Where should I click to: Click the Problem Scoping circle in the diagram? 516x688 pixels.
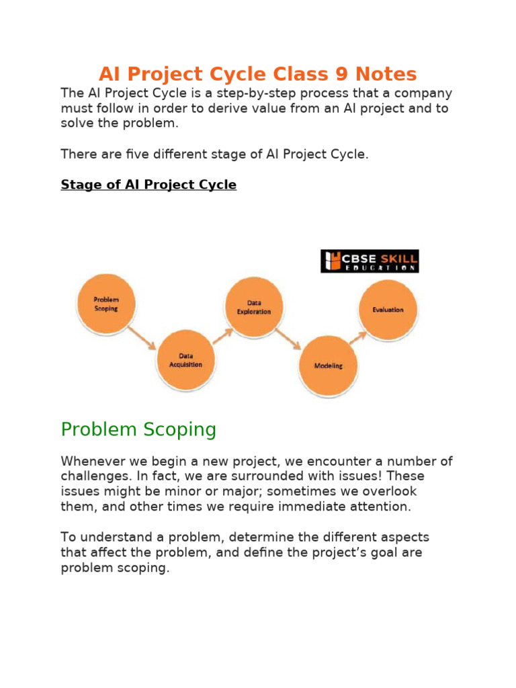(x=106, y=304)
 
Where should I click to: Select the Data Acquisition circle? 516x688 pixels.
(x=185, y=359)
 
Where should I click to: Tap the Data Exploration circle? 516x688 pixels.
(x=254, y=307)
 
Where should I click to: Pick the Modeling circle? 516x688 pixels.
(x=328, y=365)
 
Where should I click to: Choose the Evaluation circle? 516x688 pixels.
(x=388, y=310)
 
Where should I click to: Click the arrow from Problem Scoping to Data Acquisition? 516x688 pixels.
(x=142, y=337)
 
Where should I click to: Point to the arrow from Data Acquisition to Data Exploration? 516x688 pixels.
(x=222, y=335)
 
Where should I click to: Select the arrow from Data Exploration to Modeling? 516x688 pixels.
(x=288, y=338)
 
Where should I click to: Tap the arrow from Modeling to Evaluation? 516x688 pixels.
(x=357, y=337)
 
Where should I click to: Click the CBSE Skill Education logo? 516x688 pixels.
(x=370, y=261)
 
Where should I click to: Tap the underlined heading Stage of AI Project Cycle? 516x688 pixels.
(x=148, y=185)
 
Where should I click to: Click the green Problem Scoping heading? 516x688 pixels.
(x=138, y=429)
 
